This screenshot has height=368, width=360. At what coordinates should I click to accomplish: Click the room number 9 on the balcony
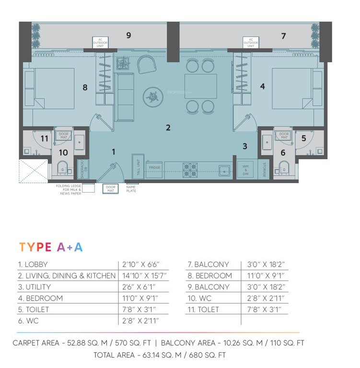tap(128, 35)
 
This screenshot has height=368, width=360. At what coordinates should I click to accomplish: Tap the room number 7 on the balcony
tap(283, 36)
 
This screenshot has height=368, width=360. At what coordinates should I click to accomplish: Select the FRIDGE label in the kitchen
tap(154, 168)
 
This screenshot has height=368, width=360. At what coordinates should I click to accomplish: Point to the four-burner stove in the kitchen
tap(189, 170)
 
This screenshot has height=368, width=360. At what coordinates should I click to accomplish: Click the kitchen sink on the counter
tap(223, 170)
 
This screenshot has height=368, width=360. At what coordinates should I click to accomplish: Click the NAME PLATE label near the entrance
tap(131, 189)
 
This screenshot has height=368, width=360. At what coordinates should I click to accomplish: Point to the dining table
tap(200, 86)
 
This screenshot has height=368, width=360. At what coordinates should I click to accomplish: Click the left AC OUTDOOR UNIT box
tap(100, 42)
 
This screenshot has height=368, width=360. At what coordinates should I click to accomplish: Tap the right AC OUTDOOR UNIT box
tap(251, 42)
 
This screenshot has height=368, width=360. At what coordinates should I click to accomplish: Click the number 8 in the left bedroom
tap(85, 87)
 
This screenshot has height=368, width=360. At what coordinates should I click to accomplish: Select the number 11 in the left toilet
tap(45, 138)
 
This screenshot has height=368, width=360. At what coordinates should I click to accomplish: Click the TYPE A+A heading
tap(51, 247)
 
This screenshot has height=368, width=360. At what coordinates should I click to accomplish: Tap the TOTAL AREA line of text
tap(160, 355)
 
